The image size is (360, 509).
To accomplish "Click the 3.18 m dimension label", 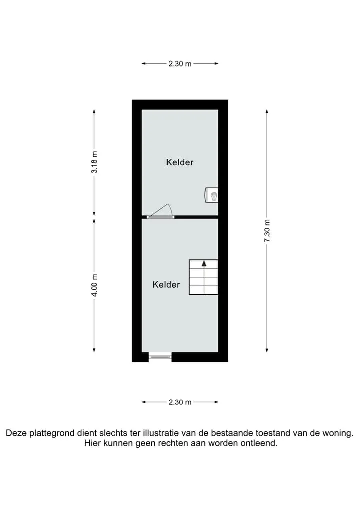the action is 94,162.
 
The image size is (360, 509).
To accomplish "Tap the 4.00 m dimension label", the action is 94,285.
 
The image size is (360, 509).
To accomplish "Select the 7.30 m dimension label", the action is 267,231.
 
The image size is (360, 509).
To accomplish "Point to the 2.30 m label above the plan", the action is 180,64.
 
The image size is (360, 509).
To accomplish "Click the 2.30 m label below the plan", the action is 180,402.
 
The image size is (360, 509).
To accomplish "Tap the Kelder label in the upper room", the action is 180,162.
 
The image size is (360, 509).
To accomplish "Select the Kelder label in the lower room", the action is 166,284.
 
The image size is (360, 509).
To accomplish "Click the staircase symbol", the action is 204,277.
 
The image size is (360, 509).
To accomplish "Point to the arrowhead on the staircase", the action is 204,263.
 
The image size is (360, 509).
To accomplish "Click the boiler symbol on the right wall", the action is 211,195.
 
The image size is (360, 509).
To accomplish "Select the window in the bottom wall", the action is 160,357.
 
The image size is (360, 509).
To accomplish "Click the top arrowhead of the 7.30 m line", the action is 267,111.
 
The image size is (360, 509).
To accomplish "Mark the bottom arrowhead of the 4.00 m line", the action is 94,350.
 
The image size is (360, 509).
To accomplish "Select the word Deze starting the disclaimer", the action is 16,433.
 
